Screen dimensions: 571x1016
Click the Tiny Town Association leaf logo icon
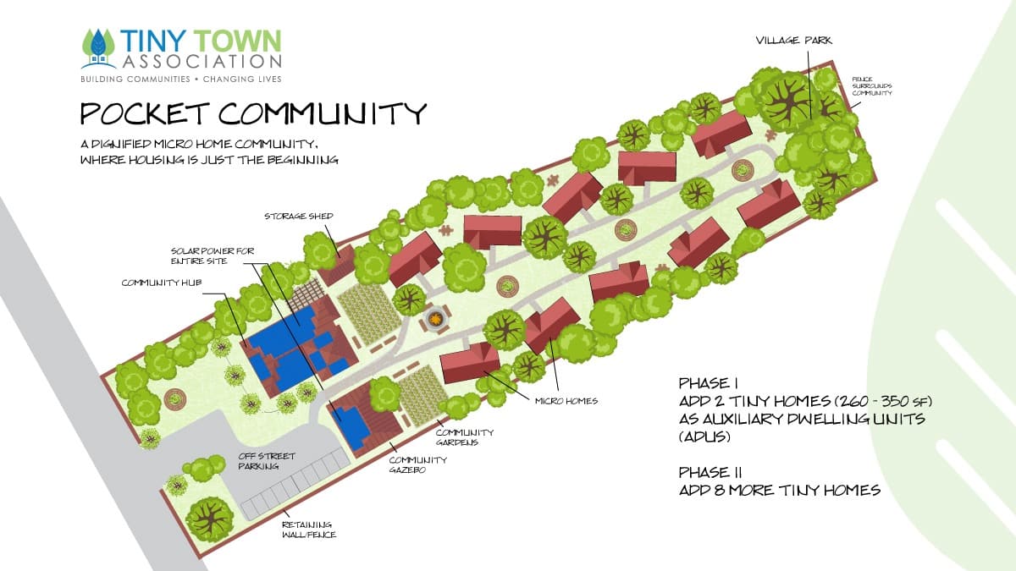98,48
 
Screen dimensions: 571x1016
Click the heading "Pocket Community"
252,113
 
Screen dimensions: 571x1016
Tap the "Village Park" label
788,40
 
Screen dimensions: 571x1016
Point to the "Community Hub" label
162,282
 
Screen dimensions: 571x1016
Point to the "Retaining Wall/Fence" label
307,529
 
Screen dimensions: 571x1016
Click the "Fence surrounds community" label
872,85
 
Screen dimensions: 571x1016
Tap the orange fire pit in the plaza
435,319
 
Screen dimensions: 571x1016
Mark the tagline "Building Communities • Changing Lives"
180,79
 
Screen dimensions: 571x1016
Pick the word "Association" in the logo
202,61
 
